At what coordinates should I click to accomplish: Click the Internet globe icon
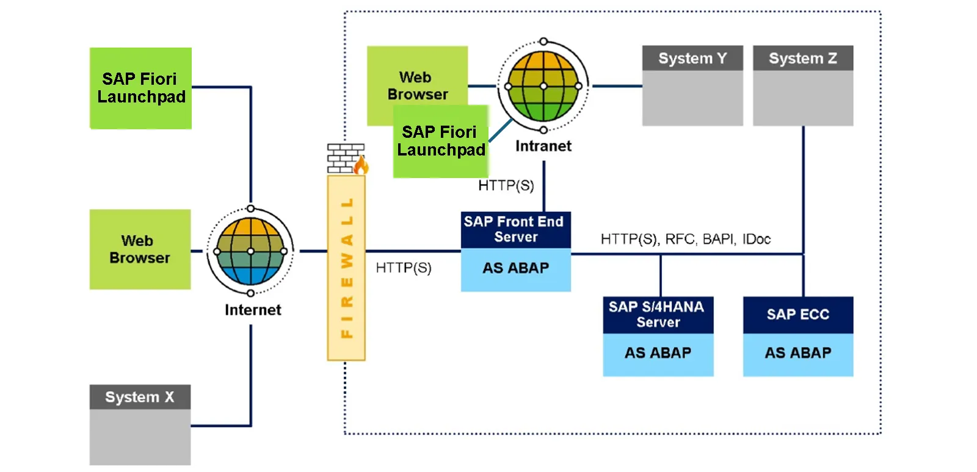click(250, 251)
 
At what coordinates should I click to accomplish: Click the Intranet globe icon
click(543, 86)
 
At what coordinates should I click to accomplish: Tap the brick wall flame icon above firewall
click(347, 159)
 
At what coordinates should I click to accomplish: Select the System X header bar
click(140, 397)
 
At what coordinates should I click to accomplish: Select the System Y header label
click(692, 58)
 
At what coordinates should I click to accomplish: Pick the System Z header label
click(802, 58)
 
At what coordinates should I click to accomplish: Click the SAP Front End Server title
click(515, 229)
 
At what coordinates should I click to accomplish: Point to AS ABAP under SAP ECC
click(797, 353)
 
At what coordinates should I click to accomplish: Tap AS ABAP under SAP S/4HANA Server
click(658, 353)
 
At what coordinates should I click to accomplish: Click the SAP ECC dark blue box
click(797, 315)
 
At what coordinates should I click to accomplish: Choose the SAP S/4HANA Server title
click(658, 315)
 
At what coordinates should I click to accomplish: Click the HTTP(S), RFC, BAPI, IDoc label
click(685, 239)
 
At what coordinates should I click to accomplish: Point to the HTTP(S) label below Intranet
click(506, 185)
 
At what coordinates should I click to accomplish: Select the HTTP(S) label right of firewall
click(404, 268)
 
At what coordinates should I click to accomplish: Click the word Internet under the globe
click(253, 310)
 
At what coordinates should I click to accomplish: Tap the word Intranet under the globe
click(543, 146)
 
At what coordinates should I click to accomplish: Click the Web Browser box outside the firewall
click(140, 249)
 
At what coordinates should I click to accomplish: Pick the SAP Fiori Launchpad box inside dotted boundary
click(441, 141)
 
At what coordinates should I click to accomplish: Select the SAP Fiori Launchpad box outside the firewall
click(140, 88)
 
